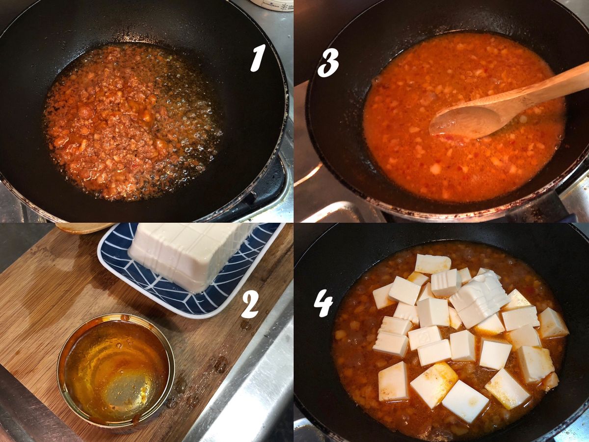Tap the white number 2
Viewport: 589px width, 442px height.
[249, 304]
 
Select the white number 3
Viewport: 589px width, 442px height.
[328, 62]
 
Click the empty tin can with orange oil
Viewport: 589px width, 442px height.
[116, 371]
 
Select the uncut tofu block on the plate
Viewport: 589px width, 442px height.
[188, 254]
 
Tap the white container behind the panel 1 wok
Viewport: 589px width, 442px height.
[271, 5]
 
